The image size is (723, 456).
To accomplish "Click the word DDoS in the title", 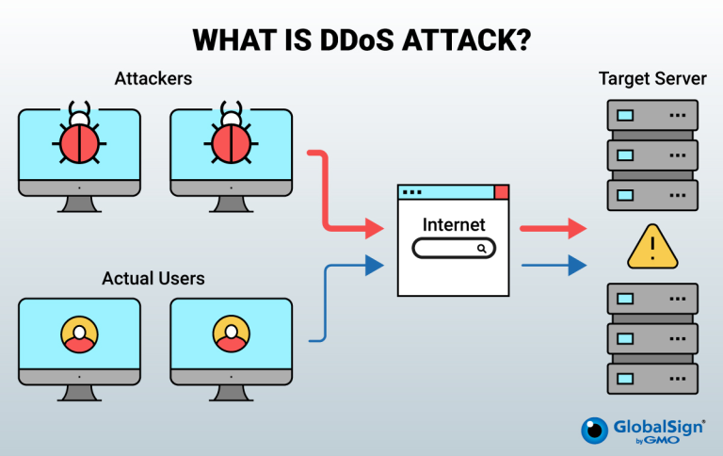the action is coord(357,41).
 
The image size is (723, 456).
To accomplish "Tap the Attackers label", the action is coord(153,79).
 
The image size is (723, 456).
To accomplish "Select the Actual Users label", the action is coord(153,278).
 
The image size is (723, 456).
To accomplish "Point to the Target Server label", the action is coord(652,79).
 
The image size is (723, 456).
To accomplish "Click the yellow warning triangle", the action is coord(652,249).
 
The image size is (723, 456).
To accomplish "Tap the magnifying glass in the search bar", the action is coord(482,249).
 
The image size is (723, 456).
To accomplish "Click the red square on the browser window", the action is coord(502,192).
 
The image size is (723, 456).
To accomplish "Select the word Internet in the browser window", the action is coord(454,225).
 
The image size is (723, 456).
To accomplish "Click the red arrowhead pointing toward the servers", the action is coord(577,228).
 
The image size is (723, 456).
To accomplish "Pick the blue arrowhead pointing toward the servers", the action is coord(577,266).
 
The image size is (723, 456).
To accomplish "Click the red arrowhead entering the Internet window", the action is coord(375,228).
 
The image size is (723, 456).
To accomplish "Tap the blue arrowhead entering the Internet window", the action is coord(375,266).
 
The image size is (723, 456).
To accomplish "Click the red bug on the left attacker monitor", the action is coord(79,138).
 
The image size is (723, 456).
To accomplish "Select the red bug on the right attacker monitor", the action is coord(231,138).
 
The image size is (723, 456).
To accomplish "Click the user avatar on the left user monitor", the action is coord(79,334).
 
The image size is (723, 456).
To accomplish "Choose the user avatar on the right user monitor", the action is coord(231,334).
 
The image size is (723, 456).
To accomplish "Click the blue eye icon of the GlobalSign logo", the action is coord(595,431).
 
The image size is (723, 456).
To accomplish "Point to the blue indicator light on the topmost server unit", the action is coord(625,115).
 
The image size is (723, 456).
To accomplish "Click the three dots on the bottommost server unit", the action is coord(678,379).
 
